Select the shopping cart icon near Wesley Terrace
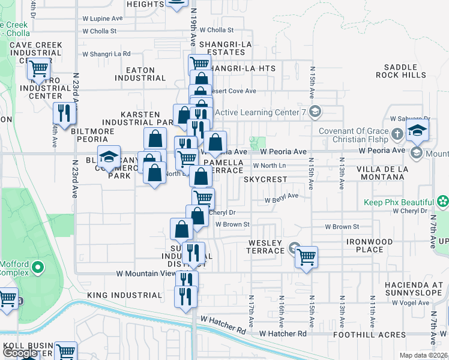[x=307, y=257]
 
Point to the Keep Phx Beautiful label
[x=399, y=202]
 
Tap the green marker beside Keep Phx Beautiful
[x=443, y=202]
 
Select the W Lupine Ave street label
[x=102, y=19]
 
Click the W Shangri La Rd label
[x=106, y=53]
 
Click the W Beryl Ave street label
[x=282, y=197]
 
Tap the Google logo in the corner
[x=20, y=352]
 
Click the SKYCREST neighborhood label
[x=265, y=179]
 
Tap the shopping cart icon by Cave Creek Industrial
[x=39, y=69]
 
